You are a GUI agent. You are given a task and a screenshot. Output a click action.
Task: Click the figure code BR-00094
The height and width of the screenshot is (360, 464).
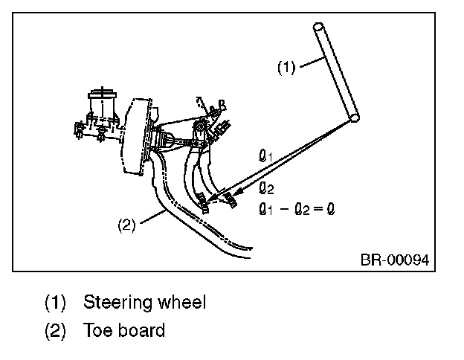coord(394,260)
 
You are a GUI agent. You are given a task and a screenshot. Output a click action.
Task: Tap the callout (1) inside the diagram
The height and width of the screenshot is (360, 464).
coord(286,68)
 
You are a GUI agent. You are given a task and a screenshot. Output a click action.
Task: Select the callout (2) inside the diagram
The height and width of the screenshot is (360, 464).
coord(126,225)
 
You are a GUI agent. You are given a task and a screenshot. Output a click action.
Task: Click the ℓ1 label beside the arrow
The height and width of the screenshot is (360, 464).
coord(265,155)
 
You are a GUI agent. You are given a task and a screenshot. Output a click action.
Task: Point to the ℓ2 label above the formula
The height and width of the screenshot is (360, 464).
coord(266,187)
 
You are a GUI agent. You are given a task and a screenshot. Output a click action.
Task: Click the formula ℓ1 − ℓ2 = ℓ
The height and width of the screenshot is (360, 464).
coord(297,209)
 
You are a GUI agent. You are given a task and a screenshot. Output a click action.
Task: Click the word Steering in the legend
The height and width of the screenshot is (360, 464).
coord(117,303)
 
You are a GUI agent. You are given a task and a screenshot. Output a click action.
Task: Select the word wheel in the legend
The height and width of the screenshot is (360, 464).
coord(181,302)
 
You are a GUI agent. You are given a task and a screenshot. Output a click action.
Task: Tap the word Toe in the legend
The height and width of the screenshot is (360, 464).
coord(98,330)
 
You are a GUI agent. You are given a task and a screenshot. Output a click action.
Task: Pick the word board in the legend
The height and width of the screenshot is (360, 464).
coord(141,330)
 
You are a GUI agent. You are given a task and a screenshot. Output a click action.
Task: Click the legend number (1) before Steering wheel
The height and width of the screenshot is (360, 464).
coord(55,303)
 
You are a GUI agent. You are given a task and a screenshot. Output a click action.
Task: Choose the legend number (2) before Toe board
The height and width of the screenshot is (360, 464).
coord(55,330)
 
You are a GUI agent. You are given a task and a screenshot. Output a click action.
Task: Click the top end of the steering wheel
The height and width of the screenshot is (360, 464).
coord(318,27)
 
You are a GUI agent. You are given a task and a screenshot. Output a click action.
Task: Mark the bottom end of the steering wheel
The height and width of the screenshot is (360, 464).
coord(354,118)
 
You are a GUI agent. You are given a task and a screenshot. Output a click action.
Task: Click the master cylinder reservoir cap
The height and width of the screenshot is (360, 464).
coord(102,94)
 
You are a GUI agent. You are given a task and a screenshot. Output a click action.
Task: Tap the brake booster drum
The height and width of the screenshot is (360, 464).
coord(136,136)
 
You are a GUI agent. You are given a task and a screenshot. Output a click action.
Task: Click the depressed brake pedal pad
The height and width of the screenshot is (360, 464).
coord(203,202)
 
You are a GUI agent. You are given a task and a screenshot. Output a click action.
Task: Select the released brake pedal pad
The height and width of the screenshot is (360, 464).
coord(231,199)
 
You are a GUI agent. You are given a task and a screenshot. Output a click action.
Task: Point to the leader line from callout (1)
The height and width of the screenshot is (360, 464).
coord(312,62)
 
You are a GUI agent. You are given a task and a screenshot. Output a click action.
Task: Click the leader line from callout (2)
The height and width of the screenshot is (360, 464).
coord(152,216)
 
